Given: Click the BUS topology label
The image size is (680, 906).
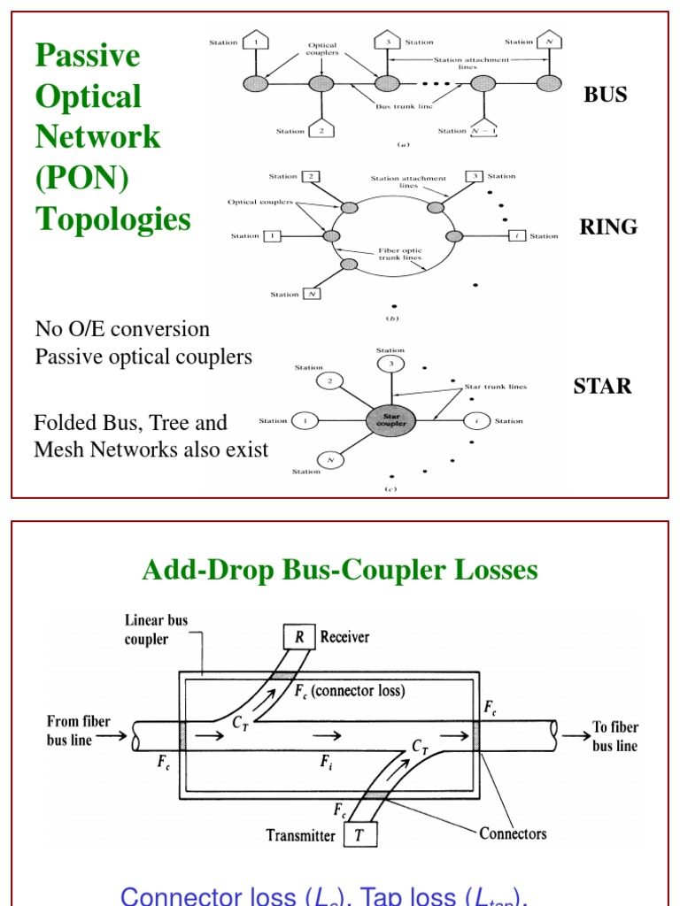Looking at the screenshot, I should pos(605,95).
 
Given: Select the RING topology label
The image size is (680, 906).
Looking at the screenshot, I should pos(608,226).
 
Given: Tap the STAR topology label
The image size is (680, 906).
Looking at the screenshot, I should pos(603,386).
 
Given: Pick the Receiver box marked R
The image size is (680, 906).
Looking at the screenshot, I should pos(299,636).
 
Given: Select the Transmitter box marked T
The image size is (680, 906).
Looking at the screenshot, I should pos(359,833).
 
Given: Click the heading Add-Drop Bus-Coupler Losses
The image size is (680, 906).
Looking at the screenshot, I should pos(340,571).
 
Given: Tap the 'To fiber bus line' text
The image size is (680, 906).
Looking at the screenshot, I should pos(614,736).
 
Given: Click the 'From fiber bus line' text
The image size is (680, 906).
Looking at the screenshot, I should pos(78,730).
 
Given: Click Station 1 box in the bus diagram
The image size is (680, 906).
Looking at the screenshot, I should pos(256,41).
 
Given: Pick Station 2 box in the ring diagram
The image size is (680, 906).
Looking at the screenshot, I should pos(311,176).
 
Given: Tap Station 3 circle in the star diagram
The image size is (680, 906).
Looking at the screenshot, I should pos(390,364).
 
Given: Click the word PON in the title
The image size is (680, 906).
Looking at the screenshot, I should pos(81,178).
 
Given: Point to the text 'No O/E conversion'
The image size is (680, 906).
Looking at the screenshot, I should pos(122,329).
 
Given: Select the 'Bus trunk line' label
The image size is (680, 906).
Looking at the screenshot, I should pos(395,105).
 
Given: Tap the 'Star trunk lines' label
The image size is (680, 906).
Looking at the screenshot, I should pos(495,387).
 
